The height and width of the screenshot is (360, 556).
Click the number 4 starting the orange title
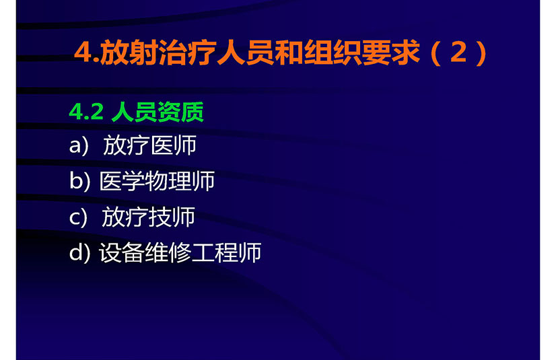[83, 52]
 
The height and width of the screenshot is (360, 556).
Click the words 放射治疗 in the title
[158, 52]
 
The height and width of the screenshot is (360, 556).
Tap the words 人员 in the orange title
[244, 52]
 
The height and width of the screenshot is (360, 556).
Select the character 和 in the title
[289, 52]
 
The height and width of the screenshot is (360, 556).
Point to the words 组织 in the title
[333, 52]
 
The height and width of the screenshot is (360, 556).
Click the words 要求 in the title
[391, 52]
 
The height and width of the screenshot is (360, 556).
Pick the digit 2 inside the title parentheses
[458, 52]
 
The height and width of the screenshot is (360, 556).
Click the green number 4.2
[86, 112]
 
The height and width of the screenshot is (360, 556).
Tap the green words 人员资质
[158, 112]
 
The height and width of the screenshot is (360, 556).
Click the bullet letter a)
[78, 145]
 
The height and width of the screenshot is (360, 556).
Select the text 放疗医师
[149, 145]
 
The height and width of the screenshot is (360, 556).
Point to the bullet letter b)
[79, 181]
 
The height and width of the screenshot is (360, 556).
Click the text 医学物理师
[157, 181]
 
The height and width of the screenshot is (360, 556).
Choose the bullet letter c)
[78, 217]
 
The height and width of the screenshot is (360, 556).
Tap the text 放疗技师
[148, 217]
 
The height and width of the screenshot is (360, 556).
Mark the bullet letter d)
[79, 252]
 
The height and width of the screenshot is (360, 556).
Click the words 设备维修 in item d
[145, 252]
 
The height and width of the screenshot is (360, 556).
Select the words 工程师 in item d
[227, 252]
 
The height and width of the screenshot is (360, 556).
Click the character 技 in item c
[160, 217]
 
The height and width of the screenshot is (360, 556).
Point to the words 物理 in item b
[168, 181]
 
